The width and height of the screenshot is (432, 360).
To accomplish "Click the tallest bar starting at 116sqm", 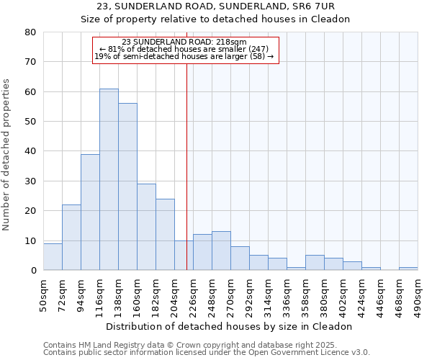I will [109, 179].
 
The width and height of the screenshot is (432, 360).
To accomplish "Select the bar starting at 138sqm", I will [127, 186].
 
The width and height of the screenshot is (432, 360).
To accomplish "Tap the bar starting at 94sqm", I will [90, 212].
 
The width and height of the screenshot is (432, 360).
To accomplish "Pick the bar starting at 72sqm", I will [71, 237].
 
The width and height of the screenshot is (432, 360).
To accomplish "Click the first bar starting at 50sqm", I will [53, 256].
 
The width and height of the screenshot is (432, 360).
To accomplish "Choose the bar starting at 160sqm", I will [146, 227].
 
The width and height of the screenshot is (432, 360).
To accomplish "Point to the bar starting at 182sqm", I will [165, 234].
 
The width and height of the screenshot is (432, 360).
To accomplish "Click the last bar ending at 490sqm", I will [408, 269].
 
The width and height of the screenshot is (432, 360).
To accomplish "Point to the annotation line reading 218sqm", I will [184, 42].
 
